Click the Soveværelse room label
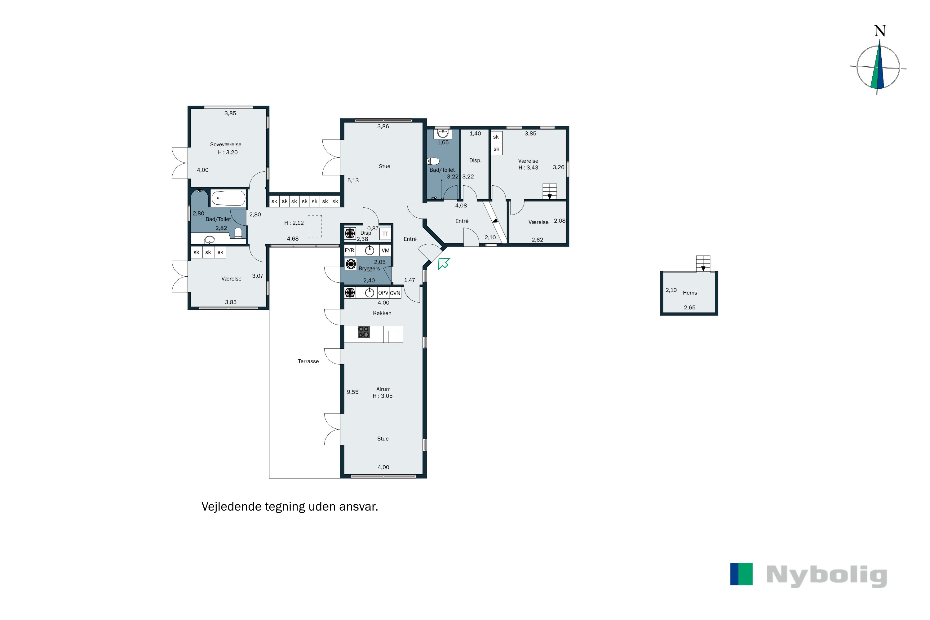pyautogui.click(x=225, y=145)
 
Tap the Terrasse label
pyautogui.click(x=308, y=361)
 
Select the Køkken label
pyautogui.click(x=382, y=313)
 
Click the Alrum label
pyautogui.click(x=383, y=389)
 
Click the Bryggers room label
pyautogui.click(x=369, y=269)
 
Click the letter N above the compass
pyautogui.click(x=880, y=31)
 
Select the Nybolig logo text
pyautogui.click(x=826, y=575)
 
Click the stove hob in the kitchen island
pyautogui.click(x=363, y=332)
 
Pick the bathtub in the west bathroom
pyautogui.click(x=228, y=198)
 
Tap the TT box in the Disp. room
pyautogui.click(x=385, y=234)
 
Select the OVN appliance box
pyautogui.click(x=395, y=293)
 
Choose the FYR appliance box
pyautogui.click(x=350, y=250)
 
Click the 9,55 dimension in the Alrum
pyautogui.click(x=352, y=392)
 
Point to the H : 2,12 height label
pyautogui.click(x=294, y=223)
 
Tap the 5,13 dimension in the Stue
pyautogui.click(x=353, y=181)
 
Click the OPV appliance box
pyautogui.click(x=383, y=293)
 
